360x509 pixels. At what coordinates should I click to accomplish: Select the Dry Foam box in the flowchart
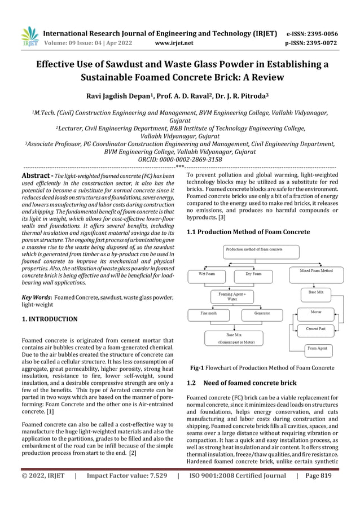click(253, 274)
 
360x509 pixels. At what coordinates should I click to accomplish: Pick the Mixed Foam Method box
click(315, 271)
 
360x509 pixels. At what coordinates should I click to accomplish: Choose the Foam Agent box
click(317, 348)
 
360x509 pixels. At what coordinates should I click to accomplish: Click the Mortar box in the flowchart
click(317, 311)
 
